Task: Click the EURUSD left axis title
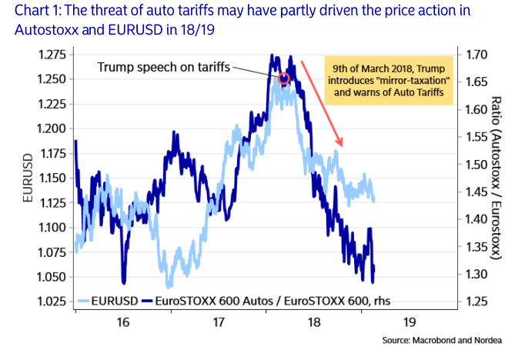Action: point(26,178)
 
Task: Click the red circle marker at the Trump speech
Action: point(283,78)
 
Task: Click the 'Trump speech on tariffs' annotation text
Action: point(164,67)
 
